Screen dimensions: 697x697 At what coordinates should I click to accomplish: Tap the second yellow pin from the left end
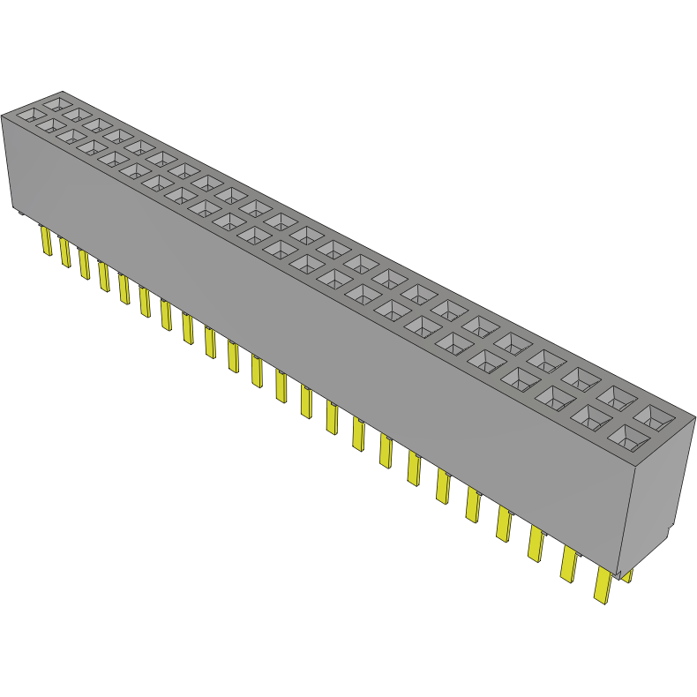coord(64,251)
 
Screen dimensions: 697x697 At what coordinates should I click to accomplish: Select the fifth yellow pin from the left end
coord(124,289)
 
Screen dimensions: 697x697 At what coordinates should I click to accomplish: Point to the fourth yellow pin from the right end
coord(505,525)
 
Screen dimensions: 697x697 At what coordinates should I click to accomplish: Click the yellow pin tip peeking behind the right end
coord(628,576)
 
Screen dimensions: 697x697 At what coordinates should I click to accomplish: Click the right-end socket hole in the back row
coord(655,415)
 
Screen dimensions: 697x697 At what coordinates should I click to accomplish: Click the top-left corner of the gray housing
coord(3,114)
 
